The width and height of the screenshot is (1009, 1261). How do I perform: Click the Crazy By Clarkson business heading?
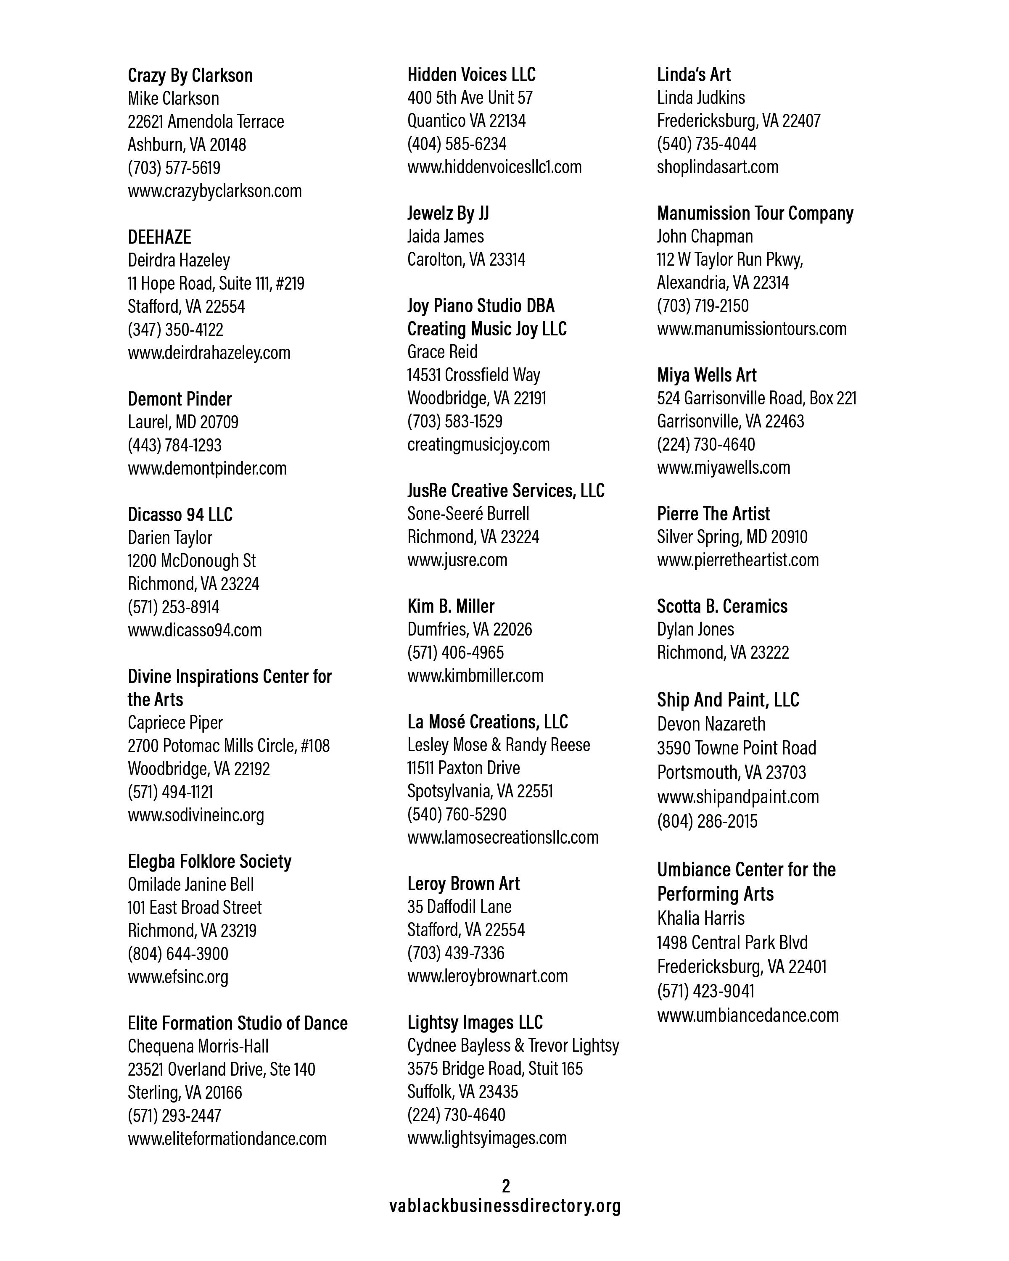tap(190, 75)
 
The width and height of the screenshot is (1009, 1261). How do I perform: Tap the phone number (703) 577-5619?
tap(174, 168)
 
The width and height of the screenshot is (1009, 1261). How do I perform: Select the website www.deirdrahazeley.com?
tap(209, 353)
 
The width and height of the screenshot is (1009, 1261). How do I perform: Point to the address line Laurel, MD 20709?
tap(183, 422)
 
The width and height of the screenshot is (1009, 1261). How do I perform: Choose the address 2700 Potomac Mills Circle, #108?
tap(229, 746)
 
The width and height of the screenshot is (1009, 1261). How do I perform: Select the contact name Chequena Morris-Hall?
tap(198, 1046)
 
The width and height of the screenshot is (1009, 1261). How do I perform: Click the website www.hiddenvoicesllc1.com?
tap(494, 167)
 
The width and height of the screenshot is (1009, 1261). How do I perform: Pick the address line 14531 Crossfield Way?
tap(473, 375)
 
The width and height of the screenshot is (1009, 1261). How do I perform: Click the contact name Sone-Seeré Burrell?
tap(468, 514)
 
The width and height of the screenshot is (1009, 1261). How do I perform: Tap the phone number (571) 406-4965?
tap(455, 652)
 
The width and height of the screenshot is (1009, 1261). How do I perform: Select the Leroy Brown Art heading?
tap(463, 884)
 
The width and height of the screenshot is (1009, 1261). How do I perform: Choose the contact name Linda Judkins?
tap(701, 98)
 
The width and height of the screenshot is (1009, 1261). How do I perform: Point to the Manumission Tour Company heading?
tap(755, 214)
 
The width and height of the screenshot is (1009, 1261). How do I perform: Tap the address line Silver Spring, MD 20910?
tap(732, 537)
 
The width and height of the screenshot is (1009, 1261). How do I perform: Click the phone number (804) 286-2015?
tap(707, 821)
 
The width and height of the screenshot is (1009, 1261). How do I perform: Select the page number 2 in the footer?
tap(506, 1186)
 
